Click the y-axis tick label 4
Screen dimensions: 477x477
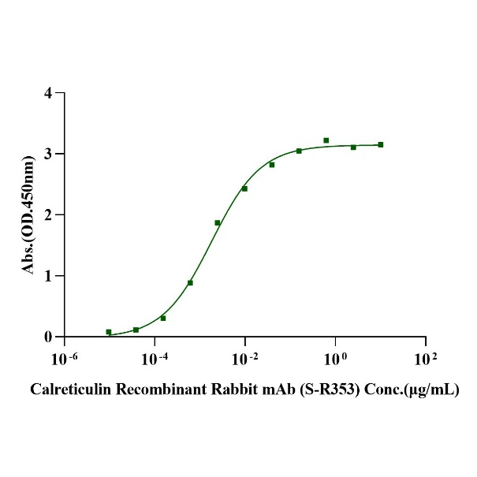coord(48,93)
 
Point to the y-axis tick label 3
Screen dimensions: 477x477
coord(48,154)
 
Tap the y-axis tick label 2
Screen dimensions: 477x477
coord(48,214)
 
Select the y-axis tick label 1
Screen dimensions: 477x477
coord(48,276)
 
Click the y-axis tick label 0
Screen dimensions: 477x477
coord(48,337)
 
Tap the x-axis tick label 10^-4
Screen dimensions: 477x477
coord(154,359)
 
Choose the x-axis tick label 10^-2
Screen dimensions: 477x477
coord(244,359)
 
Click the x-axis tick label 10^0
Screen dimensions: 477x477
coord(335,359)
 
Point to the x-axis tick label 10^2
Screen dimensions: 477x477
coord(426,359)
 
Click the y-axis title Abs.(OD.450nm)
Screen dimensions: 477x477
coord(29,214)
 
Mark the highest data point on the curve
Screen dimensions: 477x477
coord(326,140)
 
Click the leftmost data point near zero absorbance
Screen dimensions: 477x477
coord(109,332)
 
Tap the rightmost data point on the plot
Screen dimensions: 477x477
coord(381,144)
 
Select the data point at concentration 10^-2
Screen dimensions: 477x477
coord(244,188)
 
